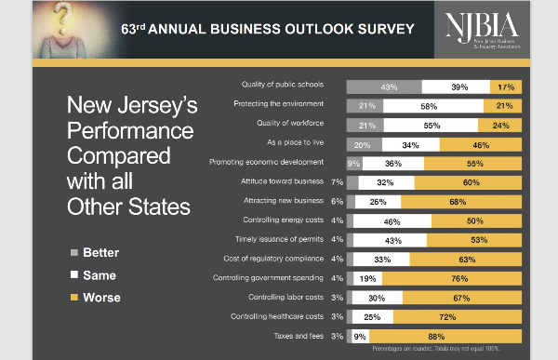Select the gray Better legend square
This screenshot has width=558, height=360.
click(74, 252)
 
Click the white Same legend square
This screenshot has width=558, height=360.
click(74, 275)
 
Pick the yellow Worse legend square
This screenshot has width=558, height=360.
click(74, 298)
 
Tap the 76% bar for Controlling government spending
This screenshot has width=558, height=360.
click(451, 277)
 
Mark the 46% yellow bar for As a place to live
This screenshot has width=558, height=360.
click(481, 144)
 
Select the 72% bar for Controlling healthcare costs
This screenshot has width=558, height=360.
click(457, 316)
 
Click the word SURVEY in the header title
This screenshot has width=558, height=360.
click(380, 30)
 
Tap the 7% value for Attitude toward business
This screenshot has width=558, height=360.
click(337, 183)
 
